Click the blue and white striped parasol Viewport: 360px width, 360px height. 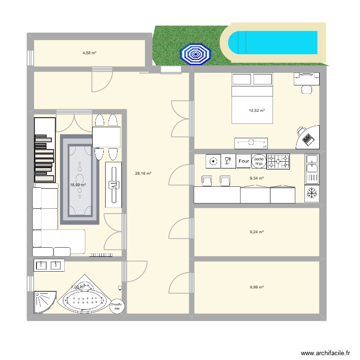coord(195,54)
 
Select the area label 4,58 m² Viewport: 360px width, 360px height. coord(89,53)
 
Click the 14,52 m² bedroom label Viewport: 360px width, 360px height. coord(257,111)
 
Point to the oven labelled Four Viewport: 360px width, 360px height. coord(243,161)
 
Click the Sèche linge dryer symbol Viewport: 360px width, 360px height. coord(259,161)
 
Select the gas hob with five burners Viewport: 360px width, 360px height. coord(279,161)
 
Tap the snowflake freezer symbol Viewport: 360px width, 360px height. coord(312,193)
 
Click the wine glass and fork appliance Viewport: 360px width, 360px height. coord(228,161)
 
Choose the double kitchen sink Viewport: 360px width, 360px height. coord(312,169)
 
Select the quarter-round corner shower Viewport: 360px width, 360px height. coord(43,301)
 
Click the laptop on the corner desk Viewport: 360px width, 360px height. coord(308,138)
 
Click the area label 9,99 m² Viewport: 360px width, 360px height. coord(257,287)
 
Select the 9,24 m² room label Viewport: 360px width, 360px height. coord(257,232)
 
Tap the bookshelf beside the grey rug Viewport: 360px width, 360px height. coord(45,150)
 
